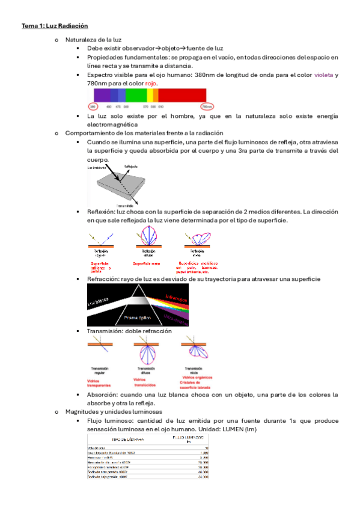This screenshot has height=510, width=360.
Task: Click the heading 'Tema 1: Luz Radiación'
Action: coord(55,26)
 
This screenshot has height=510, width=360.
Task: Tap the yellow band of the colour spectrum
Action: coord(150,95)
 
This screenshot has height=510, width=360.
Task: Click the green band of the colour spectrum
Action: coord(136,95)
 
